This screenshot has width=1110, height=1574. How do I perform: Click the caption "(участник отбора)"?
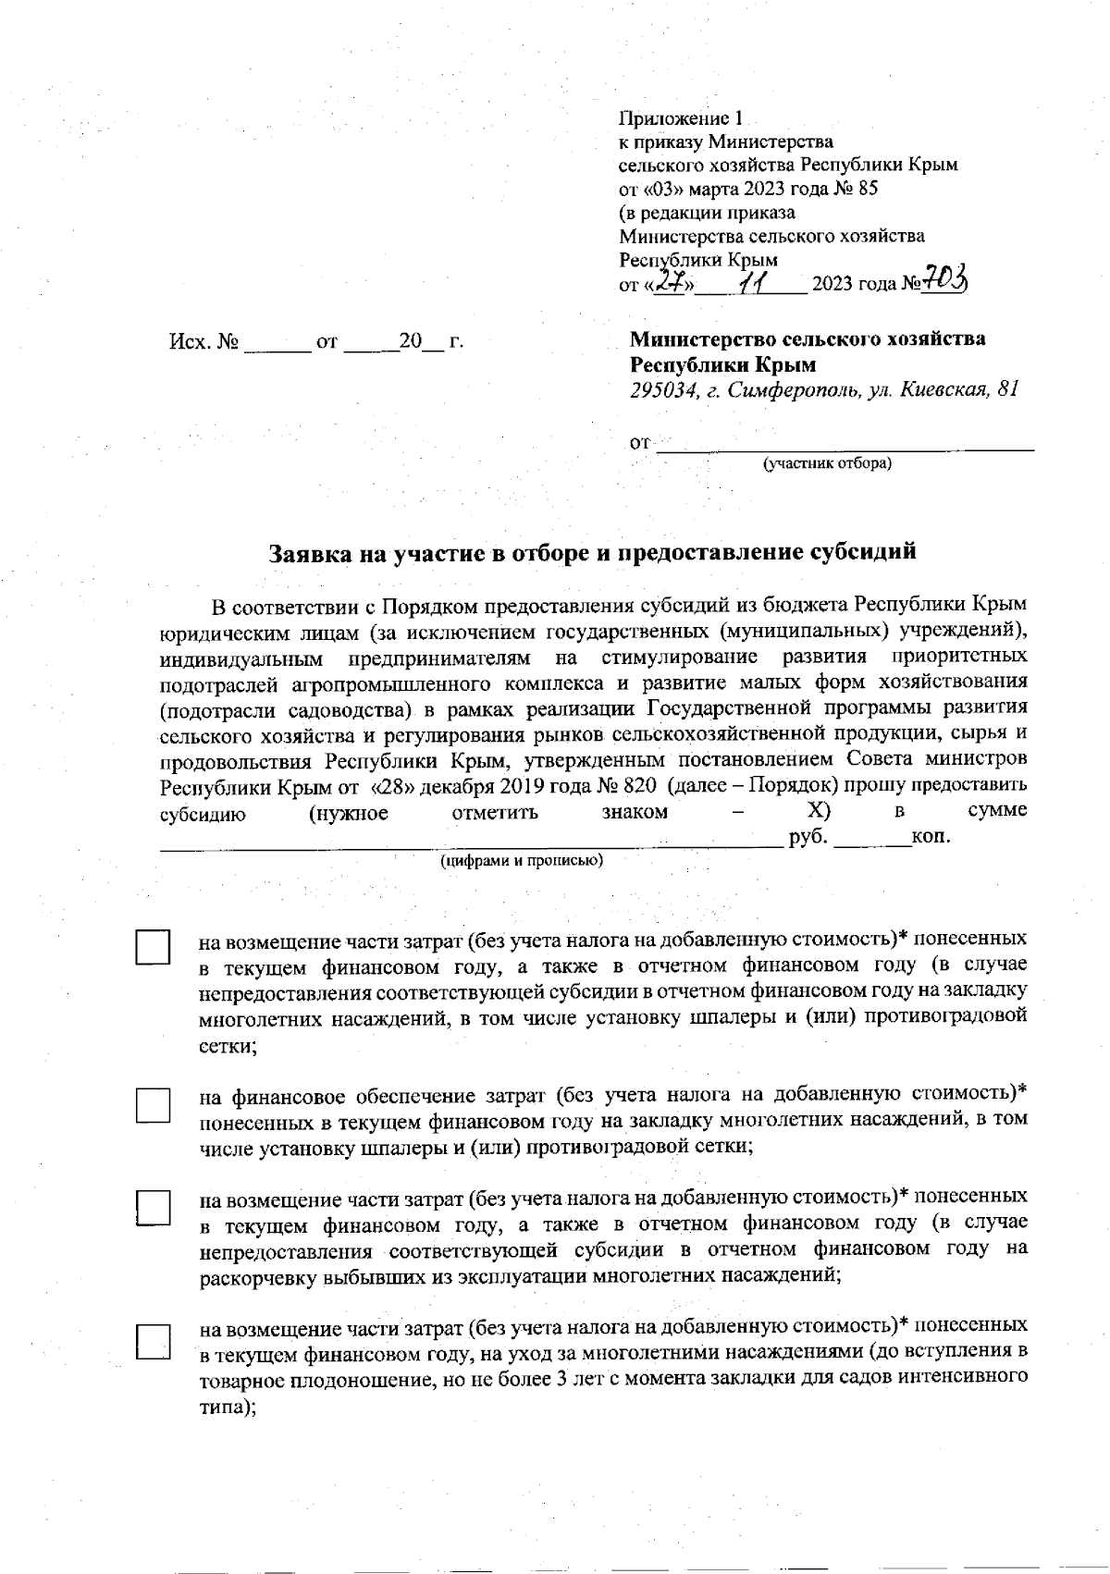[x=827, y=463]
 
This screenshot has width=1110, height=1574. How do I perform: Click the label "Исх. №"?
[x=203, y=343]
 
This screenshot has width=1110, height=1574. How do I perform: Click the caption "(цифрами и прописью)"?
[x=522, y=861]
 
